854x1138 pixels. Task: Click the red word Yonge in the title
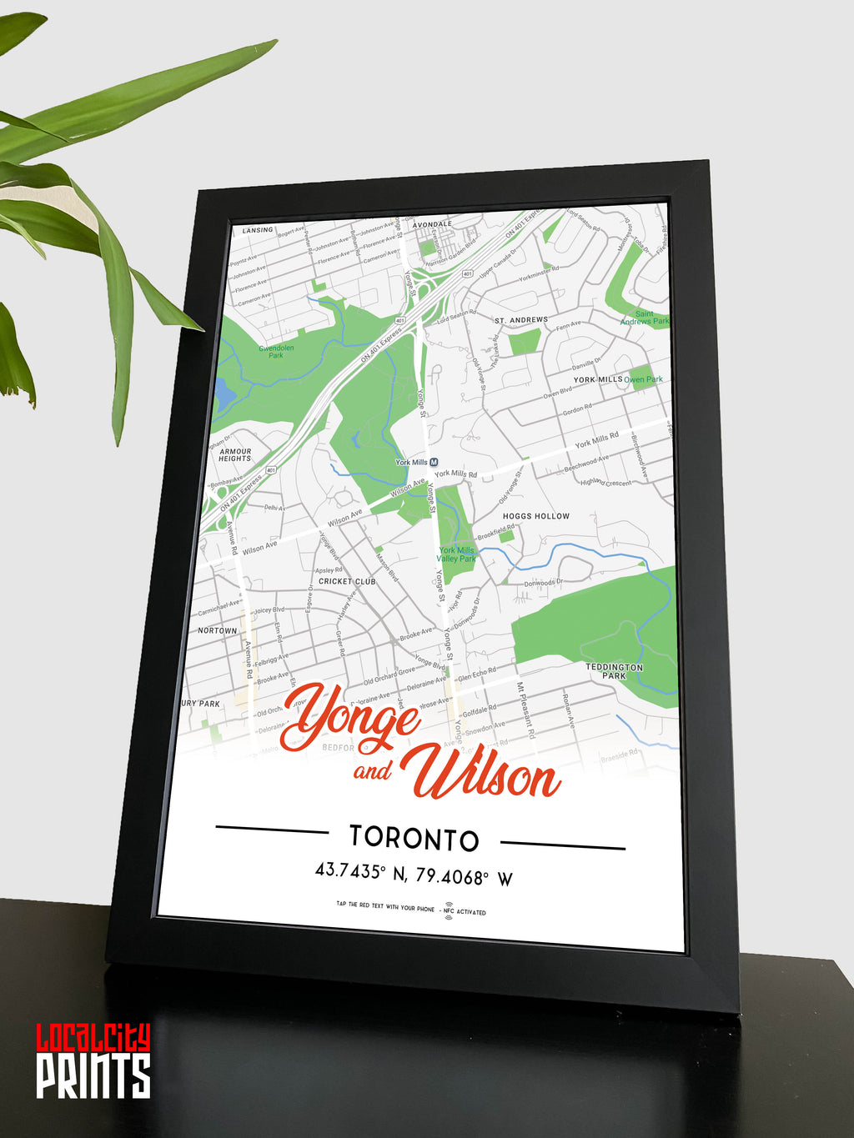[x=350, y=716]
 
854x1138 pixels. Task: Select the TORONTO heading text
[x=414, y=839]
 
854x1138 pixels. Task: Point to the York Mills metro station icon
[x=435, y=463]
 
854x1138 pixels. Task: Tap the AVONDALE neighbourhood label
[x=432, y=224]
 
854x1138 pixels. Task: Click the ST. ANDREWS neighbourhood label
[x=521, y=320]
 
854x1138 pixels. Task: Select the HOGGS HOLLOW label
[x=536, y=516]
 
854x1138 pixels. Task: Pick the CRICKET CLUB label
[x=347, y=581]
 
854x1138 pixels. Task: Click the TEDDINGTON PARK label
[x=615, y=671]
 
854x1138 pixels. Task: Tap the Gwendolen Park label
[x=276, y=351]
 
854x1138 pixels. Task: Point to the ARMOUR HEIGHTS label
[x=235, y=455]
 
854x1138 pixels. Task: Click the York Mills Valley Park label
[x=456, y=554]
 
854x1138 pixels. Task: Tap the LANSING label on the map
[x=258, y=230]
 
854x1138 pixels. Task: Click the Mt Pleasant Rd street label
[x=525, y=710]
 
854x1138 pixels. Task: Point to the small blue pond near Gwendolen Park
[x=224, y=394]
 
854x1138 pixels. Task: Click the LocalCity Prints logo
[x=93, y=1060]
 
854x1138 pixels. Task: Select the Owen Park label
[x=644, y=379]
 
